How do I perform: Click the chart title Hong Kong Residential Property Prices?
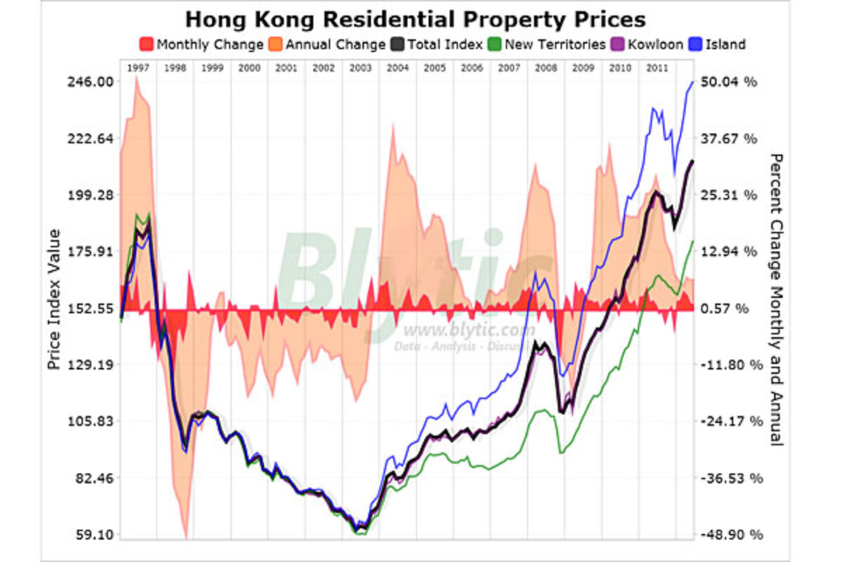click(415, 18)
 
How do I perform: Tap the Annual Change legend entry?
click(326, 44)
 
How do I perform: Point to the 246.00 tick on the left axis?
click(90, 81)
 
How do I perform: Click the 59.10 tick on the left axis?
click(93, 535)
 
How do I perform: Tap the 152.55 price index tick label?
click(90, 308)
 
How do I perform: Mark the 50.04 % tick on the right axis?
click(731, 82)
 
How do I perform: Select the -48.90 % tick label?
click(731, 535)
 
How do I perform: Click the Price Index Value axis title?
click(53, 300)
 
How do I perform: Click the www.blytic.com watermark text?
click(464, 330)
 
